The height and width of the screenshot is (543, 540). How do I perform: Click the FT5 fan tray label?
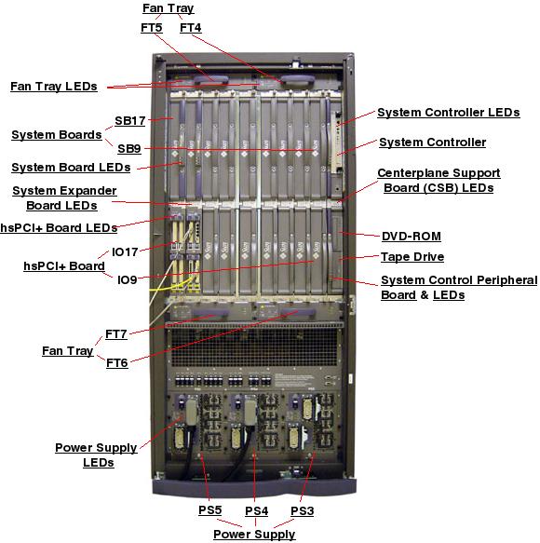coord(151,28)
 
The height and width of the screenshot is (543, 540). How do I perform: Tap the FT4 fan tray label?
coord(190,28)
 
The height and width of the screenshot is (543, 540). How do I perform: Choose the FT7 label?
coord(116,333)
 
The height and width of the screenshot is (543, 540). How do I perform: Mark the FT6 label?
coord(116,362)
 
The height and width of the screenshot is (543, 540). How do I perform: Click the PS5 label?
coord(209,510)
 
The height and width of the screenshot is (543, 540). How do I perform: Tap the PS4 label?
coord(256,510)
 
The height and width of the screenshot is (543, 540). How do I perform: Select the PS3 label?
coord(303,510)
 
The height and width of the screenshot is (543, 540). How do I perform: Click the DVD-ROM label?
coord(412,236)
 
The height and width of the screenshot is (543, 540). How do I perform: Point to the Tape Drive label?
coord(412,256)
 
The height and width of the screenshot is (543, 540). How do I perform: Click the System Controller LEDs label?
coord(448,113)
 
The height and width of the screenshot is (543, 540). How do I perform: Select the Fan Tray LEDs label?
coord(53,86)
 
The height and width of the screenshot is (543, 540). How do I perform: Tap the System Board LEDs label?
coord(71,168)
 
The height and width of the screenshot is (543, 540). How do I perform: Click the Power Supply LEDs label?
coord(97,455)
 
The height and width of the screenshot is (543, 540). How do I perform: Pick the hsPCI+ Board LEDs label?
coord(59,227)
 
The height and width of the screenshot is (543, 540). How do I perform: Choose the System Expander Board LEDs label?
coord(63,197)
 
